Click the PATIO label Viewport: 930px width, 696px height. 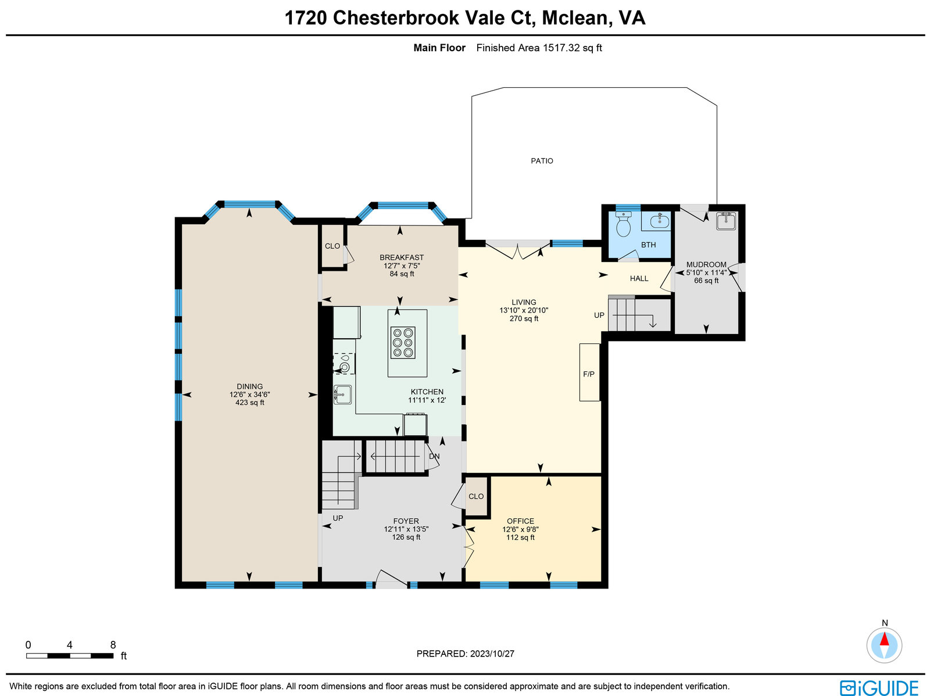(x=542, y=161)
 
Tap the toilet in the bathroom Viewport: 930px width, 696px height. (x=623, y=224)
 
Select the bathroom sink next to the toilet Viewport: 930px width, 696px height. (x=660, y=221)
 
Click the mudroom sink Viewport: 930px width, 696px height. (x=726, y=221)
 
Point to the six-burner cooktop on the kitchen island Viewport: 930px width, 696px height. (x=403, y=343)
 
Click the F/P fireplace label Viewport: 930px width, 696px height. (x=588, y=374)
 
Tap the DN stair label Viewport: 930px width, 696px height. (x=434, y=457)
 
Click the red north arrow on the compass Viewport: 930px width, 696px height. (x=884, y=639)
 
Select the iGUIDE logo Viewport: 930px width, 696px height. (x=879, y=687)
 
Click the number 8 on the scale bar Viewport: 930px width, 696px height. (x=113, y=645)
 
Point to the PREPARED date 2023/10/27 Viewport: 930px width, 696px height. (x=492, y=654)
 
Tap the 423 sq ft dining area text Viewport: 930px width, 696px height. (x=249, y=403)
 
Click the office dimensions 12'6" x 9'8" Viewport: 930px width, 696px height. (x=520, y=529)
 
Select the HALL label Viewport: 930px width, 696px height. (x=639, y=278)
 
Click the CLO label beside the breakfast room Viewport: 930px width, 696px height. (x=332, y=246)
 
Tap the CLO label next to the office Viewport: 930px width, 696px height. (x=476, y=496)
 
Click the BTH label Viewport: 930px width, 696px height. (x=648, y=245)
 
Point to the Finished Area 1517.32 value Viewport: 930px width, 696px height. (x=561, y=48)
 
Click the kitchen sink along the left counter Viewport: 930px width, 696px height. (x=342, y=394)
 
